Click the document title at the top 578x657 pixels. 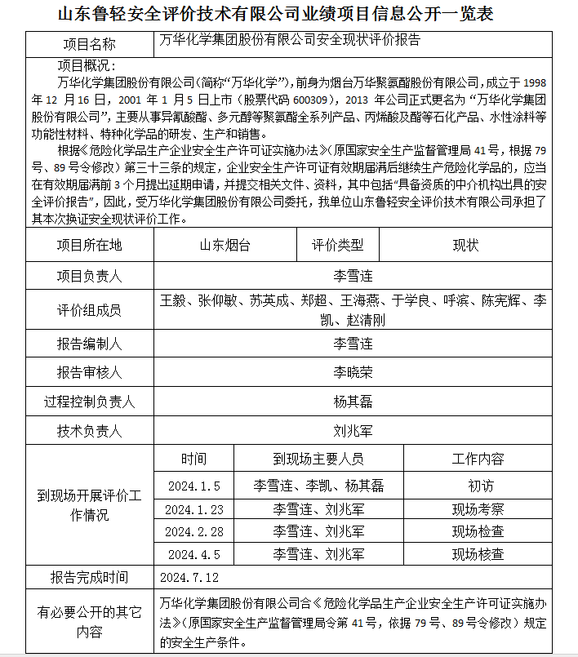(x=288, y=15)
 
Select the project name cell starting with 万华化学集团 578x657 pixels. (x=290, y=40)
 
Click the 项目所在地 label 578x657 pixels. (x=89, y=246)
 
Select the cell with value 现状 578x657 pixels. (x=466, y=246)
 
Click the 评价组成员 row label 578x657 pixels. (x=89, y=309)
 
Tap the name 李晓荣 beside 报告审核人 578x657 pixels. (x=353, y=372)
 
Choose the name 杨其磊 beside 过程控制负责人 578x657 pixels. (x=353, y=402)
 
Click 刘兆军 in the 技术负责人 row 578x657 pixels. (x=353, y=431)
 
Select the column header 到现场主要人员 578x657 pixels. (x=318, y=459)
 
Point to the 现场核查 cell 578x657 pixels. (x=478, y=555)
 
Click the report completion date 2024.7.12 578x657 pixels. (x=190, y=578)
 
